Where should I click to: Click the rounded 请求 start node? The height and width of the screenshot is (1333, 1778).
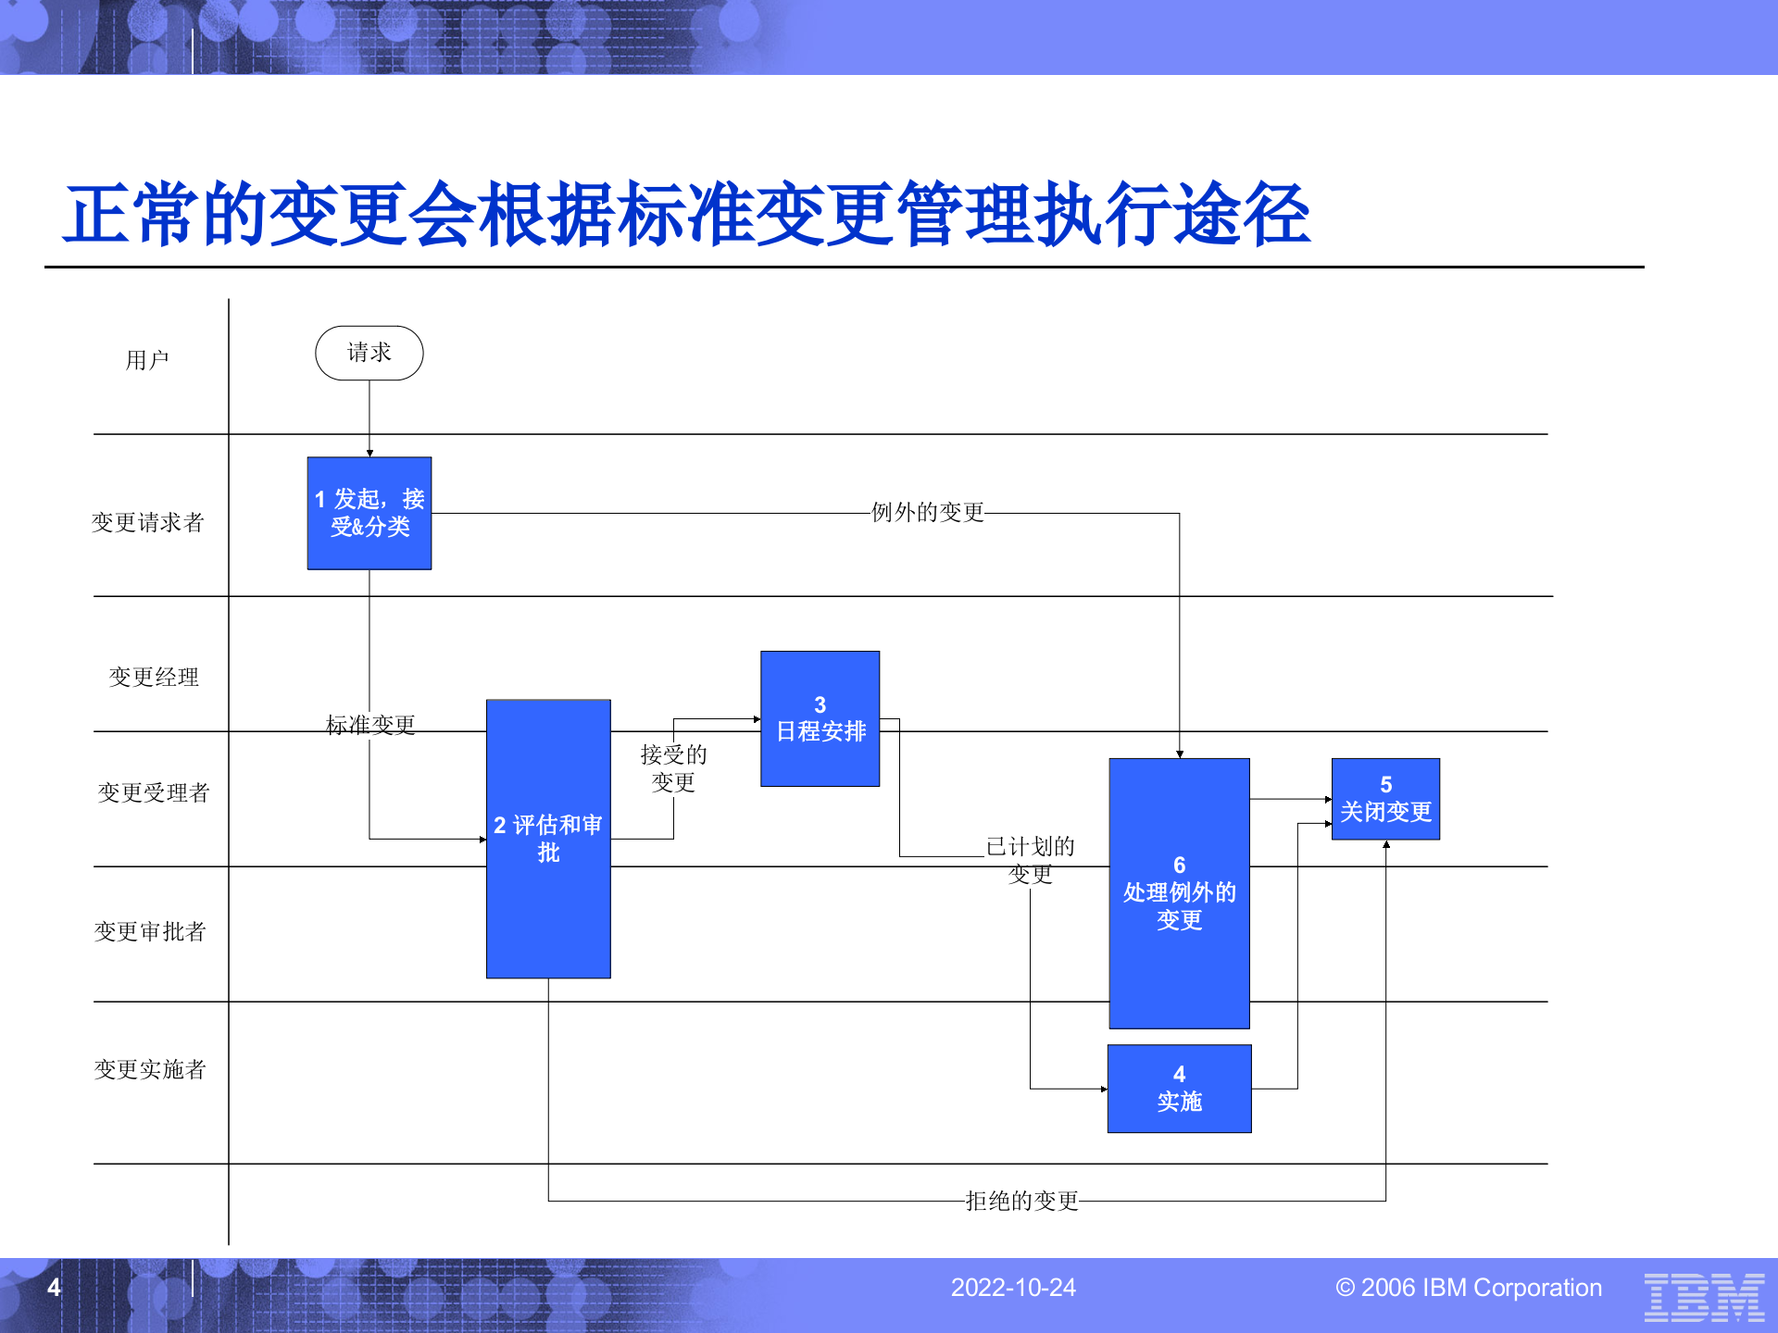pyautogui.click(x=369, y=353)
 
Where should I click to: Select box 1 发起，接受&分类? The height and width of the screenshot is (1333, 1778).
pyautogui.click(x=369, y=513)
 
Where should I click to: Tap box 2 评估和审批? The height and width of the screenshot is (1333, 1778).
pyautogui.click(x=548, y=838)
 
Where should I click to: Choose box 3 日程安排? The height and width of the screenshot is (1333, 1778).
pyautogui.click(x=820, y=719)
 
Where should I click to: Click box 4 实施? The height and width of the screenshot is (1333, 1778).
pyautogui.click(x=1179, y=1089)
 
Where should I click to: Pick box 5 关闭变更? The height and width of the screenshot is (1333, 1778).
pyautogui.click(x=1385, y=799)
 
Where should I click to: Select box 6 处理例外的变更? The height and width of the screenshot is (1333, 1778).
pyautogui.click(x=1179, y=892)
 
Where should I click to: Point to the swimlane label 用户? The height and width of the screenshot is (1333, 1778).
pyautogui.click(x=147, y=360)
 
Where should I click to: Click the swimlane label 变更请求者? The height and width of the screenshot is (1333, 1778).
pyautogui.click(x=147, y=523)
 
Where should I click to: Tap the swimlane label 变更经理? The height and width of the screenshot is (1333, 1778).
pyautogui.click(x=154, y=678)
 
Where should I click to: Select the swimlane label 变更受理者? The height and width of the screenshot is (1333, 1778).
pyautogui.click(x=154, y=793)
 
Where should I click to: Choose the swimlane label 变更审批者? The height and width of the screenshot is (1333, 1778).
pyautogui.click(x=150, y=932)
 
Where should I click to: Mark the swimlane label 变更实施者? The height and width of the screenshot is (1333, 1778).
pyautogui.click(x=150, y=1070)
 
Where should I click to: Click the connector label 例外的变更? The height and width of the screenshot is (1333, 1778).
pyautogui.click(x=927, y=513)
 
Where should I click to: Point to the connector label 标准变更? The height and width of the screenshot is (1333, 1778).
pyautogui.click(x=370, y=725)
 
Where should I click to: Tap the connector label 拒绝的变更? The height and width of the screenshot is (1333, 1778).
pyautogui.click(x=1021, y=1202)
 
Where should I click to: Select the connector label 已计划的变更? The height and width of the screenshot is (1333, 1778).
pyautogui.click(x=1030, y=860)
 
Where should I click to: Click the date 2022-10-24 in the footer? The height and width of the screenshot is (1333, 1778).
pyautogui.click(x=1013, y=1288)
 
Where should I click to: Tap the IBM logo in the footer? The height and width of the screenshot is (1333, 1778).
pyautogui.click(x=1704, y=1296)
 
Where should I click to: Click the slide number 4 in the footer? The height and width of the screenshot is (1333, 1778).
pyautogui.click(x=54, y=1288)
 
